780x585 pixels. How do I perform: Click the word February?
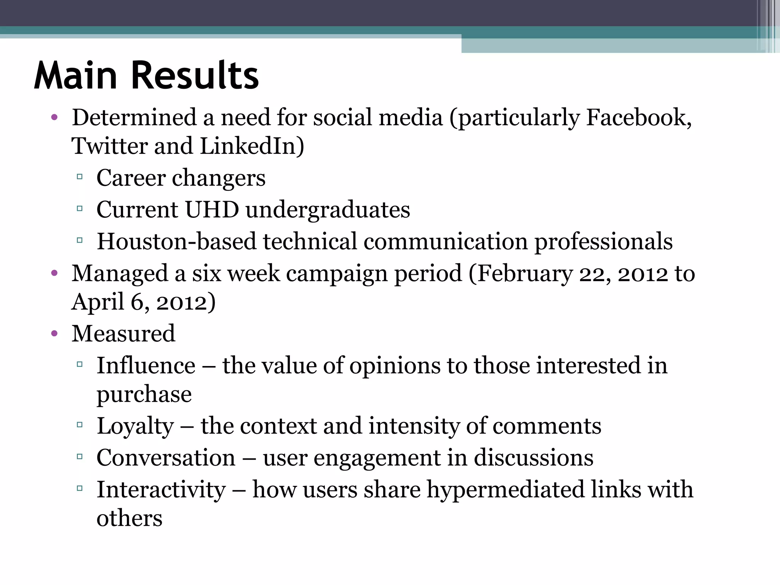click(524, 274)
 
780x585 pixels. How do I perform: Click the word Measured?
click(123, 334)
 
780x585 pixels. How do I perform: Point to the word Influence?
click(146, 366)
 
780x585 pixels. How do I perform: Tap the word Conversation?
click(166, 458)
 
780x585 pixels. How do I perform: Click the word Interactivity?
click(161, 490)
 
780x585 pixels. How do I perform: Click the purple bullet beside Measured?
click(54, 334)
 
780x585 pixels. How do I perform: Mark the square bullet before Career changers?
click(80, 177)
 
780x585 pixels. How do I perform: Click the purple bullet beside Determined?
click(54, 117)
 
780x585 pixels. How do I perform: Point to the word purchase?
click(144, 395)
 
